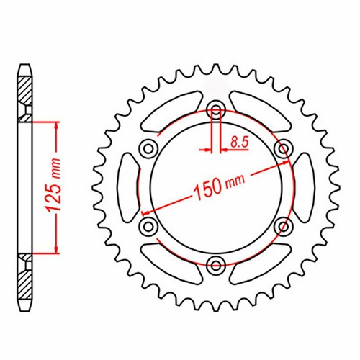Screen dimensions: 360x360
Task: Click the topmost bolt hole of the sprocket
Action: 215,110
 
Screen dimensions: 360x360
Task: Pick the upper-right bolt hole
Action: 283,149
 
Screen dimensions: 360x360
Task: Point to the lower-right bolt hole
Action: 283,227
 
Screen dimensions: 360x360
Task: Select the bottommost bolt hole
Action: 215,265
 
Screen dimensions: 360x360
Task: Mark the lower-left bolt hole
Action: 148,227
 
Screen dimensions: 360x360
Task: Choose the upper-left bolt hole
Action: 148,149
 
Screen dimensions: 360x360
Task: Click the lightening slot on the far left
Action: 127,188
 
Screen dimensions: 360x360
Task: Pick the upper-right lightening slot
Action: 258,110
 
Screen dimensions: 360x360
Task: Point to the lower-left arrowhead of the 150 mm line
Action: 146,213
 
